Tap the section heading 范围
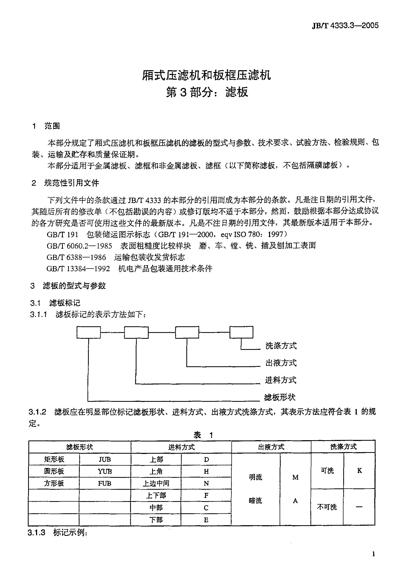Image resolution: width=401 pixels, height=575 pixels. click(x=52, y=126)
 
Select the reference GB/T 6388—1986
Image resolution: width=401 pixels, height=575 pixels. click(x=76, y=257)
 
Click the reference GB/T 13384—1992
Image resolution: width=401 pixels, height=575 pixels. click(x=78, y=269)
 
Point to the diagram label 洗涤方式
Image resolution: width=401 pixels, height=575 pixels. click(x=281, y=346)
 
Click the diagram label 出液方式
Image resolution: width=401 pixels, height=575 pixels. click(x=281, y=363)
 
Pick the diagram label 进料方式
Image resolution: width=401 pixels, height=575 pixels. click(x=280, y=380)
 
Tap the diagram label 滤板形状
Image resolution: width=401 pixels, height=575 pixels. click(x=280, y=397)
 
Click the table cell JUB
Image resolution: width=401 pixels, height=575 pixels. click(x=105, y=459)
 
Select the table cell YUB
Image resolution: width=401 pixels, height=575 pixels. click(x=105, y=471)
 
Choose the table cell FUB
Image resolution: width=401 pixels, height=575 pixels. click(x=105, y=483)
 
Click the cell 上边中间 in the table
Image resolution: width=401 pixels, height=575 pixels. click(x=156, y=483)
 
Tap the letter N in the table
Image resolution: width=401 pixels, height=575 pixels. click(x=206, y=483)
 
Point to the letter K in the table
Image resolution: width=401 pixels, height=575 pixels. click(x=359, y=471)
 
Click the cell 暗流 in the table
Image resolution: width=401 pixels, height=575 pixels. click(x=255, y=500)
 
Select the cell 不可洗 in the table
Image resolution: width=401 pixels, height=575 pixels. click(x=327, y=507)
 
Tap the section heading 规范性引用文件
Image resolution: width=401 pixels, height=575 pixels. click(x=71, y=183)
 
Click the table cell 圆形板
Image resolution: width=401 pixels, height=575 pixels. click(x=54, y=471)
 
